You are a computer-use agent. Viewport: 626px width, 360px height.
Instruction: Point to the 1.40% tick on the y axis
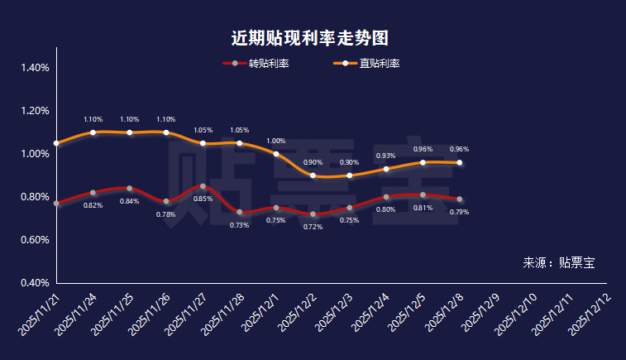[x=34, y=68]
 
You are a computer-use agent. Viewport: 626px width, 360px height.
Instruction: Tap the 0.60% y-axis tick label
[x=34, y=240]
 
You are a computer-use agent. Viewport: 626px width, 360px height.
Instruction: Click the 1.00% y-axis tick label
[x=34, y=154]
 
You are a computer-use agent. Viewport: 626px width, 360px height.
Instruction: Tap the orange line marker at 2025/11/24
[x=93, y=132]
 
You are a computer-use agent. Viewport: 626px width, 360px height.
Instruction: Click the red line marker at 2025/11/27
[x=203, y=186]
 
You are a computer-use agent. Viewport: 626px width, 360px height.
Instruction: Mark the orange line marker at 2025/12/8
[x=460, y=162]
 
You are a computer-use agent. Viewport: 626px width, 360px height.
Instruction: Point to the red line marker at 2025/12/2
[x=313, y=214]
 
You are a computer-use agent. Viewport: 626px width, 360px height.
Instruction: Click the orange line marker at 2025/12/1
[x=276, y=154]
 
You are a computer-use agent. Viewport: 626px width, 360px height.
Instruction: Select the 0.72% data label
[x=313, y=226]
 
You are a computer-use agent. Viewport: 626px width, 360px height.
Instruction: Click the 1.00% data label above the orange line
[x=275, y=141]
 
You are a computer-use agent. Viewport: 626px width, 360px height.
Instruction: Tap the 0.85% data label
[x=203, y=199]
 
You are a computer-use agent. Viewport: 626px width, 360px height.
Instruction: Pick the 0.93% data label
[x=385, y=156]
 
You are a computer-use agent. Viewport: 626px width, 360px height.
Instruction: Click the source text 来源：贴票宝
[x=558, y=263]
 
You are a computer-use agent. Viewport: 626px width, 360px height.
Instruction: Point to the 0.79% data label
[x=459, y=212]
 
